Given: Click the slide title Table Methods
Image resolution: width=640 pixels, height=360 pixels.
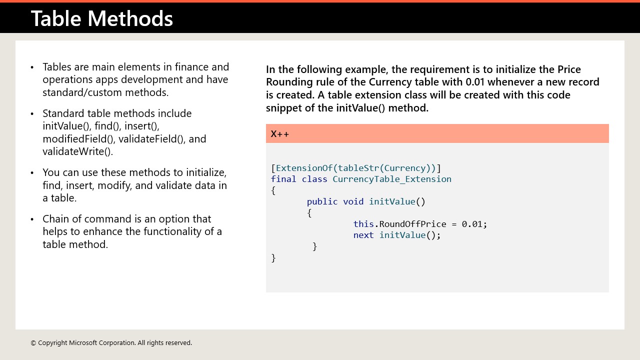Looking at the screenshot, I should point(101,18).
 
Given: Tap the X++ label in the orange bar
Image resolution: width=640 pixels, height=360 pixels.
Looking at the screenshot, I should point(280,133).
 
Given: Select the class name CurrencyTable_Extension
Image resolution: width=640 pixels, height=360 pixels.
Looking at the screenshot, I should point(392,179).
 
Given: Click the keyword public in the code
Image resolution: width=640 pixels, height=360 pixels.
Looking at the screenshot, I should point(322,201).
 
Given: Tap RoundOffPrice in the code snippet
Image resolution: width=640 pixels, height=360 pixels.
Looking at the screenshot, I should point(412,224).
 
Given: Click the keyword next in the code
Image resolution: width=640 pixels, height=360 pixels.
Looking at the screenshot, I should point(363,235).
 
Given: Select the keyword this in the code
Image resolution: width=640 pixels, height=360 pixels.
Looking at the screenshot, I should point(363,224).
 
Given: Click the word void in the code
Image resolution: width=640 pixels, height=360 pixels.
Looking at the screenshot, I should point(353,201).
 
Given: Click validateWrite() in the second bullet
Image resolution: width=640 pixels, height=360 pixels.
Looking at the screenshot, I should point(77,151).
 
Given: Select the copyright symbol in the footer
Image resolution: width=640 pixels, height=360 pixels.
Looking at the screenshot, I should point(33,343).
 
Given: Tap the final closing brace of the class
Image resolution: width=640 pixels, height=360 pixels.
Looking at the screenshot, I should point(273,257).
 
